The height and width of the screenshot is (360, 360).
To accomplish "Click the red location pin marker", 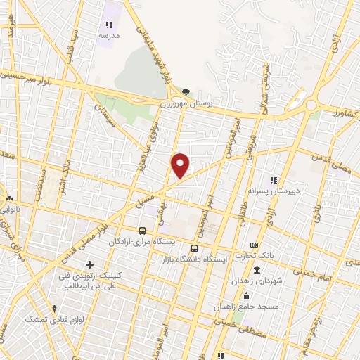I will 181,165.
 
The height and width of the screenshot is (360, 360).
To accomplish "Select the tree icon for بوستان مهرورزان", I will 186,91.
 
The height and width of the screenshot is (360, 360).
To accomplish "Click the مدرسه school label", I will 109,34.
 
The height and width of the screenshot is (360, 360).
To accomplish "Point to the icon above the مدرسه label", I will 109,24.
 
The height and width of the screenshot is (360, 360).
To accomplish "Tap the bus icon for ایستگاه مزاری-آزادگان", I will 143,231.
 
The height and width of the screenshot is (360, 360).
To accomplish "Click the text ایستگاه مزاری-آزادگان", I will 143,241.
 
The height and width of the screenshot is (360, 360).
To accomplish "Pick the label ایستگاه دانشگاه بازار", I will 202,259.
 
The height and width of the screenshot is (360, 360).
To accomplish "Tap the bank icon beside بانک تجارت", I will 255,245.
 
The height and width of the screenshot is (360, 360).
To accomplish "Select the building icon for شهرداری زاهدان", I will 256,271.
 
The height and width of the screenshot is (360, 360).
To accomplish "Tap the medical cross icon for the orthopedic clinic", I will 89,264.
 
